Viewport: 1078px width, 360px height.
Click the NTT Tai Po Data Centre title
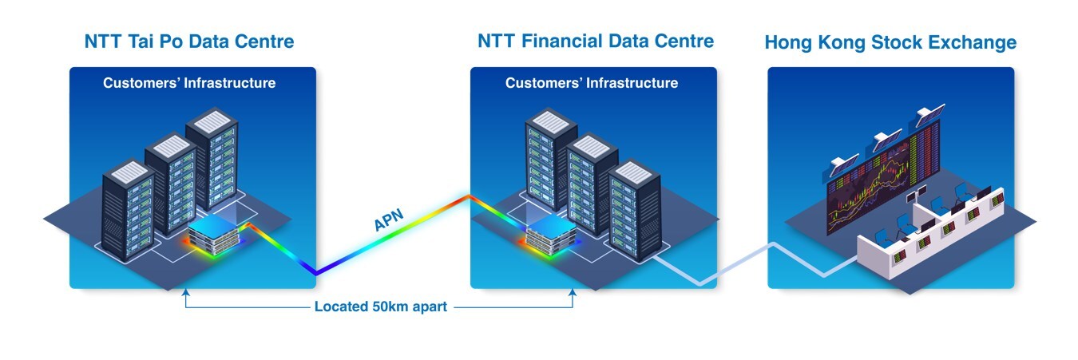coord(188,42)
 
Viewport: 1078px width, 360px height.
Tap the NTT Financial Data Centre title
coord(595,41)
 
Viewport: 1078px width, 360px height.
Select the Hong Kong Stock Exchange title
coord(890,42)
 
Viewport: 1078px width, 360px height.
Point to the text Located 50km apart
coord(380,307)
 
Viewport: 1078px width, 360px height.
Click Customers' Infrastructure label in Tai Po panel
coord(189,83)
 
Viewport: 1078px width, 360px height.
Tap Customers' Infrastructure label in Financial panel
coord(592,83)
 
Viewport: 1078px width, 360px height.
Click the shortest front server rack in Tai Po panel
coord(128,212)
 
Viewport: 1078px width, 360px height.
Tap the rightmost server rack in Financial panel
coord(634,212)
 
